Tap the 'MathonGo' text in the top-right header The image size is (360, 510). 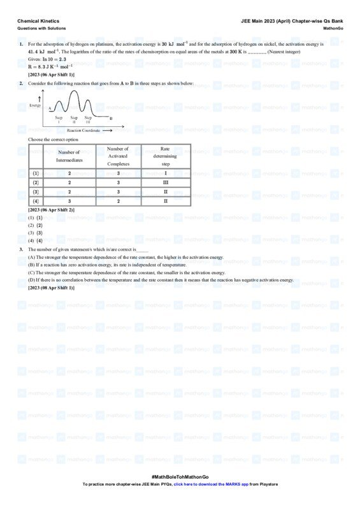333,28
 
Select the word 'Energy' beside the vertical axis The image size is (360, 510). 35,105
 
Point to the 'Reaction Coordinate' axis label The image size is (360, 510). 83,130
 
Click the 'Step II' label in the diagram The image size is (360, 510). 74,119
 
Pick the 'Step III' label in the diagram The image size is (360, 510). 88,119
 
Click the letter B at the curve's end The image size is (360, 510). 111,119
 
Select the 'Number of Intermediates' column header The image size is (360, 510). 69,156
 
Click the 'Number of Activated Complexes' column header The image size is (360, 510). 119,156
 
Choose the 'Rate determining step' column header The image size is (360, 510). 166,156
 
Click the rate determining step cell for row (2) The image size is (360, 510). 166,182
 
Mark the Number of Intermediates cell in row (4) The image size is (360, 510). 69,201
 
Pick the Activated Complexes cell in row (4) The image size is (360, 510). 119,201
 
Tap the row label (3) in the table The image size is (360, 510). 36,192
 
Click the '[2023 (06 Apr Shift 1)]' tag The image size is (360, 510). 51,75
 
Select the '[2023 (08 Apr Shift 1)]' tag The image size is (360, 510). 51,288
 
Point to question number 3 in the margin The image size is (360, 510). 21,249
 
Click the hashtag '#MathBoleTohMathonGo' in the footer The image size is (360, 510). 180,477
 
